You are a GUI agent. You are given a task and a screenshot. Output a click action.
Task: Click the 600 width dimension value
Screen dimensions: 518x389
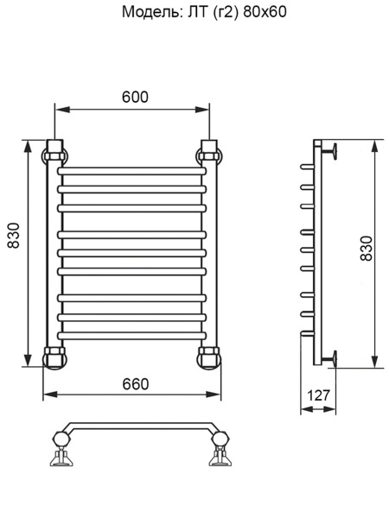[134, 98]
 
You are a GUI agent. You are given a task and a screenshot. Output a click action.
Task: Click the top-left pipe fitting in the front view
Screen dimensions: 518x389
[54, 153]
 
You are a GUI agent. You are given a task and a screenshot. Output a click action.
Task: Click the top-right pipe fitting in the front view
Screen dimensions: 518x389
[210, 153]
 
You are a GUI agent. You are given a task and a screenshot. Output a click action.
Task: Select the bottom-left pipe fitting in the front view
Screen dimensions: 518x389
[54, 355]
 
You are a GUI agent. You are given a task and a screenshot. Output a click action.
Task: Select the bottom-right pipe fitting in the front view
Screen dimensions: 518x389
[210, 355]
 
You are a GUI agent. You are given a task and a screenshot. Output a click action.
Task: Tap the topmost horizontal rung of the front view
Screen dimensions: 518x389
[132, 170]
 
